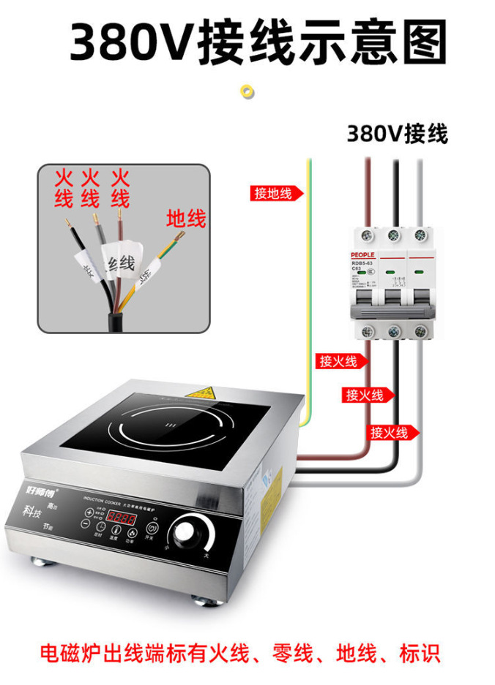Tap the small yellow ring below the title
[247, 91]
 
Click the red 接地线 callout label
[272, 193]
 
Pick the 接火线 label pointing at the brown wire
[338, 361]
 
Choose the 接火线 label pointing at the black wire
[365, 396]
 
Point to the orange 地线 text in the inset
[186, 218]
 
